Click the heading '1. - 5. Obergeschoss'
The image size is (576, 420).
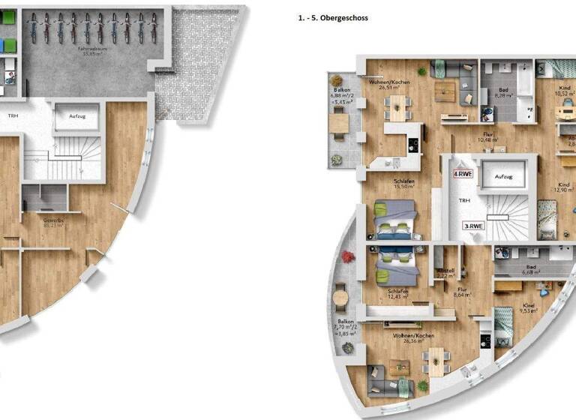[333, 17]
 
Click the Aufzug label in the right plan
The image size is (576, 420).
[503, 176]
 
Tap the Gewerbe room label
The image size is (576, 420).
[52, 222]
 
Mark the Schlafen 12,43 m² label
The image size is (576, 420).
[397, 293]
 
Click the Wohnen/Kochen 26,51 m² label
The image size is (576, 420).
[388, 83]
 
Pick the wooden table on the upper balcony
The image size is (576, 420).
[340, 121]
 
